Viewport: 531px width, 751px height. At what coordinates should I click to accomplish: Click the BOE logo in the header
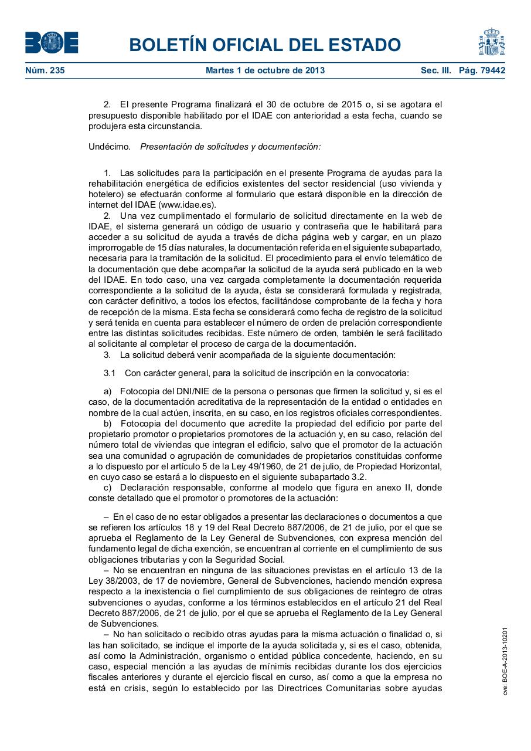[52, 43]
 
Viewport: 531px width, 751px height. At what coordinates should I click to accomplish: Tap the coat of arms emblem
[491, 42]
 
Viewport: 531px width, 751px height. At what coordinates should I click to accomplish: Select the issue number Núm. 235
[45, 71]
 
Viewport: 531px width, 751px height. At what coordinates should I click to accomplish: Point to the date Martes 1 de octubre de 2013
[265, 71]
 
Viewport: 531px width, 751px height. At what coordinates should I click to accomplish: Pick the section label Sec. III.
[435, 71]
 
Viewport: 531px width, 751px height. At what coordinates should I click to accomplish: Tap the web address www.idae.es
[186, 205]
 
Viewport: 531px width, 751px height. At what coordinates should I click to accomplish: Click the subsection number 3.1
[110, 373]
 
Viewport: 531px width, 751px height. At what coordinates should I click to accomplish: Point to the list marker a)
[107, 391]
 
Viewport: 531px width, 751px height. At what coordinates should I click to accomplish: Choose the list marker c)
[107, 488]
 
